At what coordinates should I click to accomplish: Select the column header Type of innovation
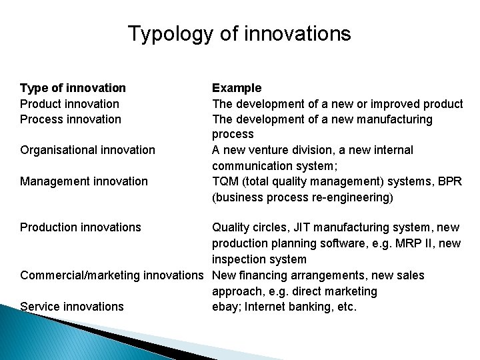[73, 88]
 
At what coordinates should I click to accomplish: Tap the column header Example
[237, 88]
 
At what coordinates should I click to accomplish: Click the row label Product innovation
[69, 103]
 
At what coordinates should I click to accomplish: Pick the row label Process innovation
[71, 119]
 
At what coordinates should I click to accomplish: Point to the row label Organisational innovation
[87, 150]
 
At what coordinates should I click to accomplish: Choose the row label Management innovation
[84, 181]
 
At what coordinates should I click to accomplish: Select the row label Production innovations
[81, 227]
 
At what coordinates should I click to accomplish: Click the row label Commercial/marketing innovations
[111, 275]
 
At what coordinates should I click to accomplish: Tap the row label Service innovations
[72, 307]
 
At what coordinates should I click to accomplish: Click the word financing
[268, 275]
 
